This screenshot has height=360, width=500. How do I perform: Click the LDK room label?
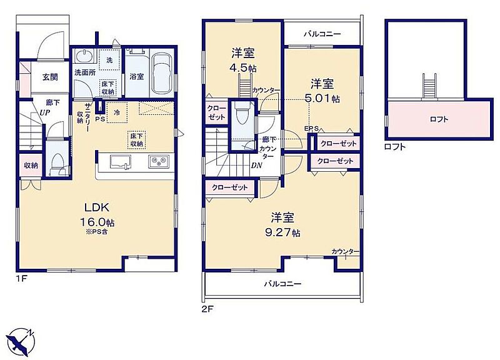point(97,207)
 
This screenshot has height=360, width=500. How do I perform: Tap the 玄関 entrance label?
point(50,77)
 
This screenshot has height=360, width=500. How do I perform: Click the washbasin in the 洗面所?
point(84,56)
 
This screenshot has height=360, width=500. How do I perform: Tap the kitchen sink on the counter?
point(120,162)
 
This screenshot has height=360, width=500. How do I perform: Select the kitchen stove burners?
point(158,162)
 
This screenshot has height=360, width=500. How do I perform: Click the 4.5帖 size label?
point(242,68)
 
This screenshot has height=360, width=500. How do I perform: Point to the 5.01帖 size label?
point(322,99)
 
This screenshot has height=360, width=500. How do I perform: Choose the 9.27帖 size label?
point(282,232)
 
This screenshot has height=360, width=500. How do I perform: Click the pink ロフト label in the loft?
point(439,119)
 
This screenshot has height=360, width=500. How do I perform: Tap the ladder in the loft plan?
point(427,86)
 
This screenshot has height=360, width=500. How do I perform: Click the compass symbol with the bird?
point(21,341)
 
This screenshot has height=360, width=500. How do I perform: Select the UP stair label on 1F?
point(44,112)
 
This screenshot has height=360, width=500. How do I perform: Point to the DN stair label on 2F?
point(256,166)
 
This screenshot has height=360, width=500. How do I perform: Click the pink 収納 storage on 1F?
point(31,165)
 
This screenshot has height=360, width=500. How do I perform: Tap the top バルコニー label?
point(322,34)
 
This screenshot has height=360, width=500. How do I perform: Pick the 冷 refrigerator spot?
point(117,112)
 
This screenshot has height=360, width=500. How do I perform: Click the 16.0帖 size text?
point(97,222)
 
